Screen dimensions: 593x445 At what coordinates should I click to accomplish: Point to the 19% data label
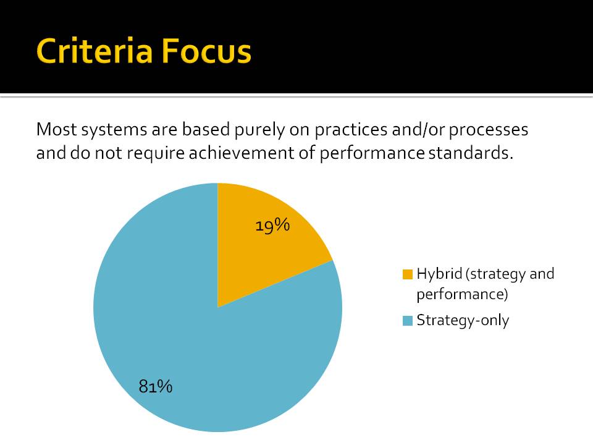point(272,226)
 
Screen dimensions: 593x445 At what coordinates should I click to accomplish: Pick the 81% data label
point(156,386)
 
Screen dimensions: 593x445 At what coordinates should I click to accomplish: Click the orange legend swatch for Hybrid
point(407,274)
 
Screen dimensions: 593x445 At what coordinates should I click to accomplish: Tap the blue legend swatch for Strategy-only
point(407,321)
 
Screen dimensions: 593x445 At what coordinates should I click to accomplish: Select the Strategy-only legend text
point(463,321)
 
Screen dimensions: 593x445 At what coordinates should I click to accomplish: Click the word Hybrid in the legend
point(439,274)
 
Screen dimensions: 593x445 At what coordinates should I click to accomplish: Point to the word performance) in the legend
point(462,294)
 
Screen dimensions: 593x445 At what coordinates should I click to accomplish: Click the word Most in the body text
point(56,129)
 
